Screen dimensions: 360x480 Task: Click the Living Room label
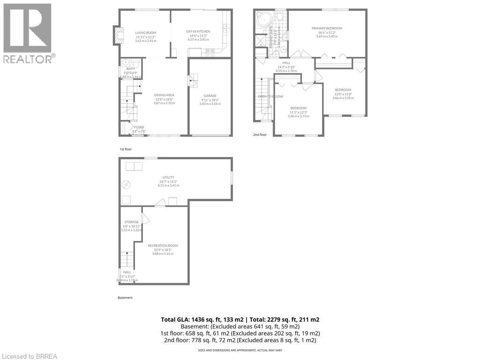coord(145,32)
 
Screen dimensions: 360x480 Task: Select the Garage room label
coord(210,96)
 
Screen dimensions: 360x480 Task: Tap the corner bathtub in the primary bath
coord(263,20)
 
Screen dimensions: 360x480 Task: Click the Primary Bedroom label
coord(327,28)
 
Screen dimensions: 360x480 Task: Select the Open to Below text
coord(270,97)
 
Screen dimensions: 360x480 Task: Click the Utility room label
coord(169,177)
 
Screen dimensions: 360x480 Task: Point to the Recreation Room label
coord(163,246)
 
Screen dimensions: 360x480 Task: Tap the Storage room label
coord(131,222)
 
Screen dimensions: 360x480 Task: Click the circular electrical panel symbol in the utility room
coord(125,185)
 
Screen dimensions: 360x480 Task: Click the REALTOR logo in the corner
coord(28,33)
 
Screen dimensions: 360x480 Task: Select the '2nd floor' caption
coord(260,135)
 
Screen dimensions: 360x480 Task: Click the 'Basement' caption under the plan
coord(125,298)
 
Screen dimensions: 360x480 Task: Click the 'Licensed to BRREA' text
coord(29,356)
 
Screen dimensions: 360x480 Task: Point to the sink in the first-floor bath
coord(125,63)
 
